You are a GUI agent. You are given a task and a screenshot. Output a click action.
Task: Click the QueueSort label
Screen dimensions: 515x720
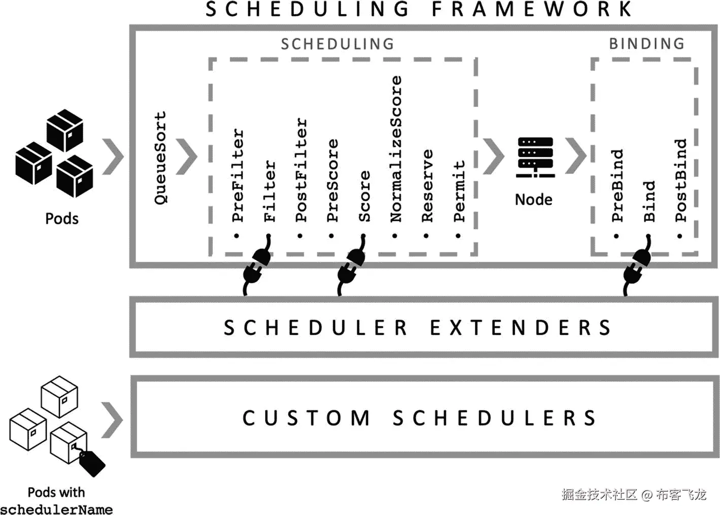click(160, 158)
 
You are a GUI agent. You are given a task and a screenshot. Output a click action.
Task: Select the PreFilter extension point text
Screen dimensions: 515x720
click(238, 175)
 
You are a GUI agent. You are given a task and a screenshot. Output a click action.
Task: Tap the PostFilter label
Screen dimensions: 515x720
click(301, 170)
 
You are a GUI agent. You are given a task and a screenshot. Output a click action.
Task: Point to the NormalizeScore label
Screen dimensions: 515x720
click(396, 149)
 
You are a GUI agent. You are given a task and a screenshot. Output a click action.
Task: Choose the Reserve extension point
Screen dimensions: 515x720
click(428, 185)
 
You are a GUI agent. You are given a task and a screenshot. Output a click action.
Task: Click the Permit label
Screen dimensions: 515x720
click(459, 191)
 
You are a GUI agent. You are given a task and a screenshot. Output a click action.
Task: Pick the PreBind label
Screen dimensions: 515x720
click(617, 185)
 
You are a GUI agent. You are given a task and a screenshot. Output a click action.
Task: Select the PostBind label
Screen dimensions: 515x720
click(680, 180)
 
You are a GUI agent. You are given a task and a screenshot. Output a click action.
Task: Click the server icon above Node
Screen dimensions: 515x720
click(535, 157)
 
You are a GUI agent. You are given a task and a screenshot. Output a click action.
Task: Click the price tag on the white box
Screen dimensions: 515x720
click(92, 463)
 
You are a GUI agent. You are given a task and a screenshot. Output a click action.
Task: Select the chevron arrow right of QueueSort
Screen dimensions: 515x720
click(186, 156)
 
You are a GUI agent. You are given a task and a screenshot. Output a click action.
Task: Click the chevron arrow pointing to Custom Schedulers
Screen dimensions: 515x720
click(112, 420)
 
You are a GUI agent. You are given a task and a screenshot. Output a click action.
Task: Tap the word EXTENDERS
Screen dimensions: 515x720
click(520, 328)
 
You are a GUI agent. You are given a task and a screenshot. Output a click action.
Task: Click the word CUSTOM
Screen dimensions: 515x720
click(306, 418)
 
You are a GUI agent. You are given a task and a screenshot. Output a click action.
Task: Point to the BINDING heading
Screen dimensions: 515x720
click(646, 44)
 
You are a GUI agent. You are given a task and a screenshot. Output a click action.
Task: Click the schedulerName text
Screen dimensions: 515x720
click(56, 508)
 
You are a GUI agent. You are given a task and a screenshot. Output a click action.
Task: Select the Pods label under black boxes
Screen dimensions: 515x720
click(61, 218)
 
